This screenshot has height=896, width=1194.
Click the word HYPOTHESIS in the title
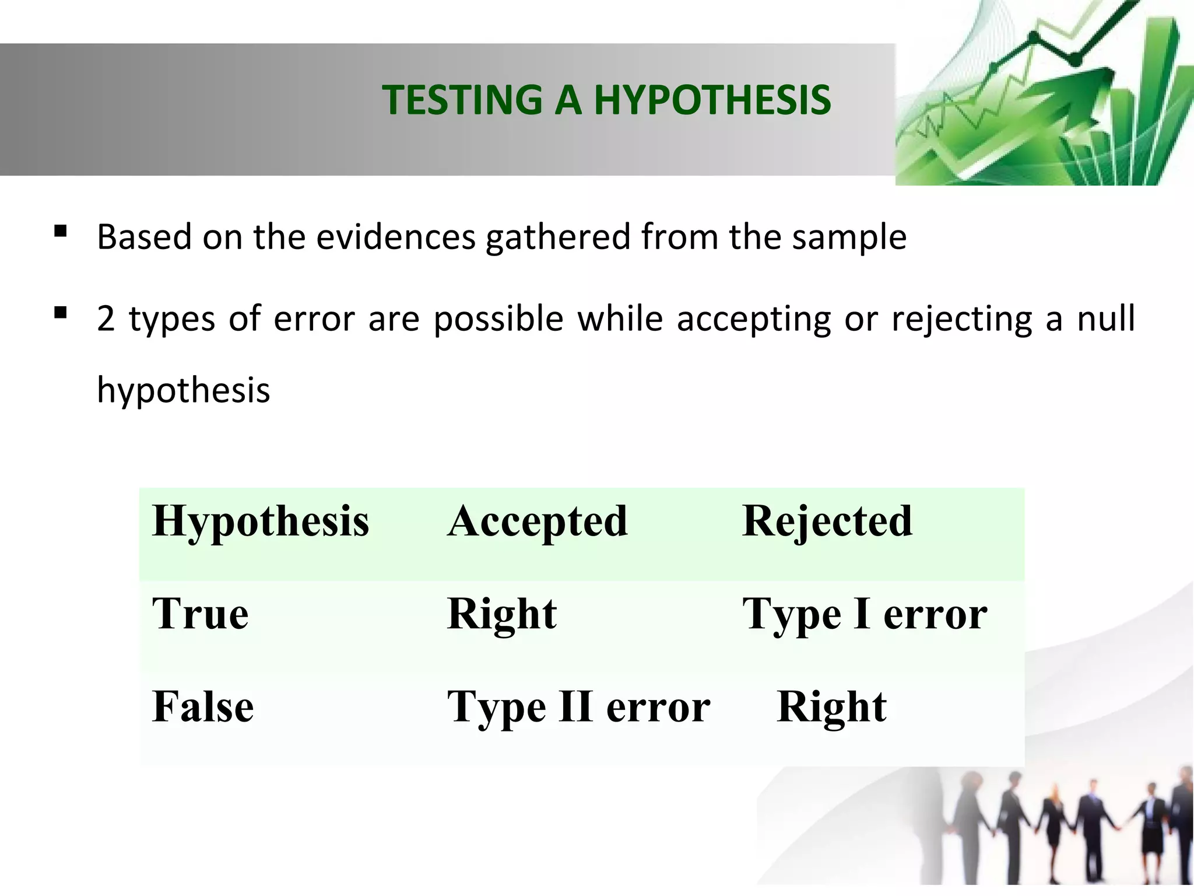click(712, 100)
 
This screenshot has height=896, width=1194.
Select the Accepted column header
click(538, 521)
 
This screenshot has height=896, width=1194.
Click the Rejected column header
click(827, 521)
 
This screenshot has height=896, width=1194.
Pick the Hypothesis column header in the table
click(260, 521)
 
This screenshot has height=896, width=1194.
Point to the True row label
click(200, 614)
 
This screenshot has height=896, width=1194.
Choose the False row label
click(203, 707)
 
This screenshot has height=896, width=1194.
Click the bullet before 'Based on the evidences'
click(60, 232)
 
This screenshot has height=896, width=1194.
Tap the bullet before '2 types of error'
click(60, 313)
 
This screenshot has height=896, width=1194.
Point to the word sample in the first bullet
click(849, 237)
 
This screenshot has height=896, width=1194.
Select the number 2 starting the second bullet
click(106, 319)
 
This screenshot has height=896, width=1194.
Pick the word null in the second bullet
click(1106, 319)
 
